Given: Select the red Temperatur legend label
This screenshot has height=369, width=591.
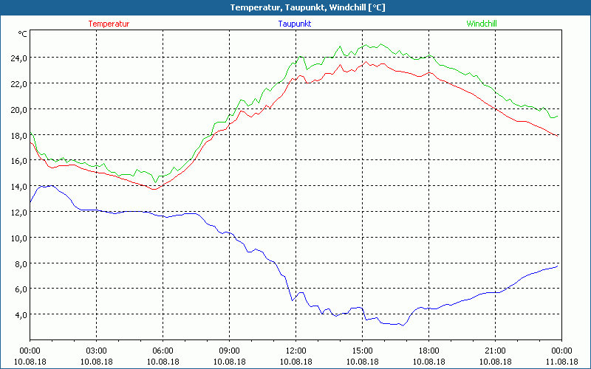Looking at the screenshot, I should coord(109,24).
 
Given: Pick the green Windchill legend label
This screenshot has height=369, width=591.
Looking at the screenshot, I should coord(482,24).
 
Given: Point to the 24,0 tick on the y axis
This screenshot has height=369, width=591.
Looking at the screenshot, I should coord(18,58).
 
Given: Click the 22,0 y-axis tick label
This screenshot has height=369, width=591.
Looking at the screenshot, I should coord(18,84).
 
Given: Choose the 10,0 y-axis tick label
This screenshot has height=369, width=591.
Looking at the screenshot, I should coord(18,238).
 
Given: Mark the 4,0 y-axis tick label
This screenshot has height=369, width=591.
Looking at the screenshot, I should coord(20,315).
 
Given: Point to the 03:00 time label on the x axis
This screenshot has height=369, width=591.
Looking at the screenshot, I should coord(96,351).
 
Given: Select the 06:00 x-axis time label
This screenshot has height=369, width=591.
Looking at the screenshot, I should coord(163,351).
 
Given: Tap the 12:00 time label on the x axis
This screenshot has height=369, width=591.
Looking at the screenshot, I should coord(295,351).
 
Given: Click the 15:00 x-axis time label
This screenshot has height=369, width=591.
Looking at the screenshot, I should coord(362,351).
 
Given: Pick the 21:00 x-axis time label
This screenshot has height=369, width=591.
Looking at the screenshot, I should coord(495,351).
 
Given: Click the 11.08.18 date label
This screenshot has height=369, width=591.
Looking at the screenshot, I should coord(561,361).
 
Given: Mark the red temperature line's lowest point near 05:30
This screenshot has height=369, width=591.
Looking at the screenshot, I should coord(153,190).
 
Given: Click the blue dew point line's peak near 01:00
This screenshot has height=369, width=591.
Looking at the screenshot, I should coord(49,186).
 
